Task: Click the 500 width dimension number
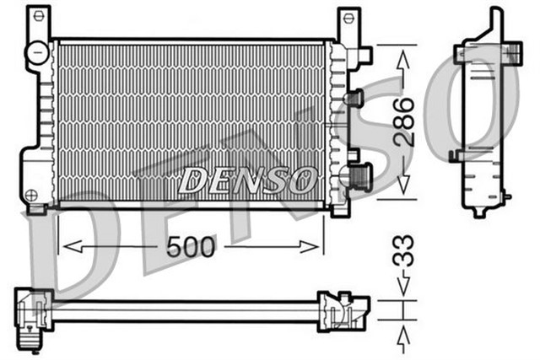pyautogui.click(x=192, y=246)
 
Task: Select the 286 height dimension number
pyautogui.click(x=404, y=123)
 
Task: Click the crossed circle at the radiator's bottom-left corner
pyautogui.click(x=32, y=196)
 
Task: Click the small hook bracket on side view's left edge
pyautogui.click(x=455, y=155)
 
